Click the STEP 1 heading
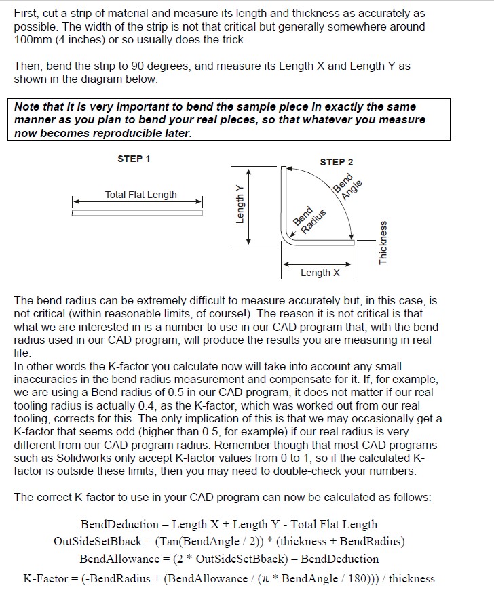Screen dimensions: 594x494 pyautogui.click(x=134, y=159)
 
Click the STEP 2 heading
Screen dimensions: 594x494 pyautogui.click(x=337, y=162)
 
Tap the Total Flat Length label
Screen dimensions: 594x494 pyautogui.click(x=140, y=195)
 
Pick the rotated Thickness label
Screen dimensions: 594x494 pyautogui.click(x=383, y=243)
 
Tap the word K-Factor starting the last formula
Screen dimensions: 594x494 pyautogui.click(x=45, y=578)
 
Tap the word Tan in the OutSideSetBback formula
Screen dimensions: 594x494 pyautogui.click(x=166, y=541)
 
